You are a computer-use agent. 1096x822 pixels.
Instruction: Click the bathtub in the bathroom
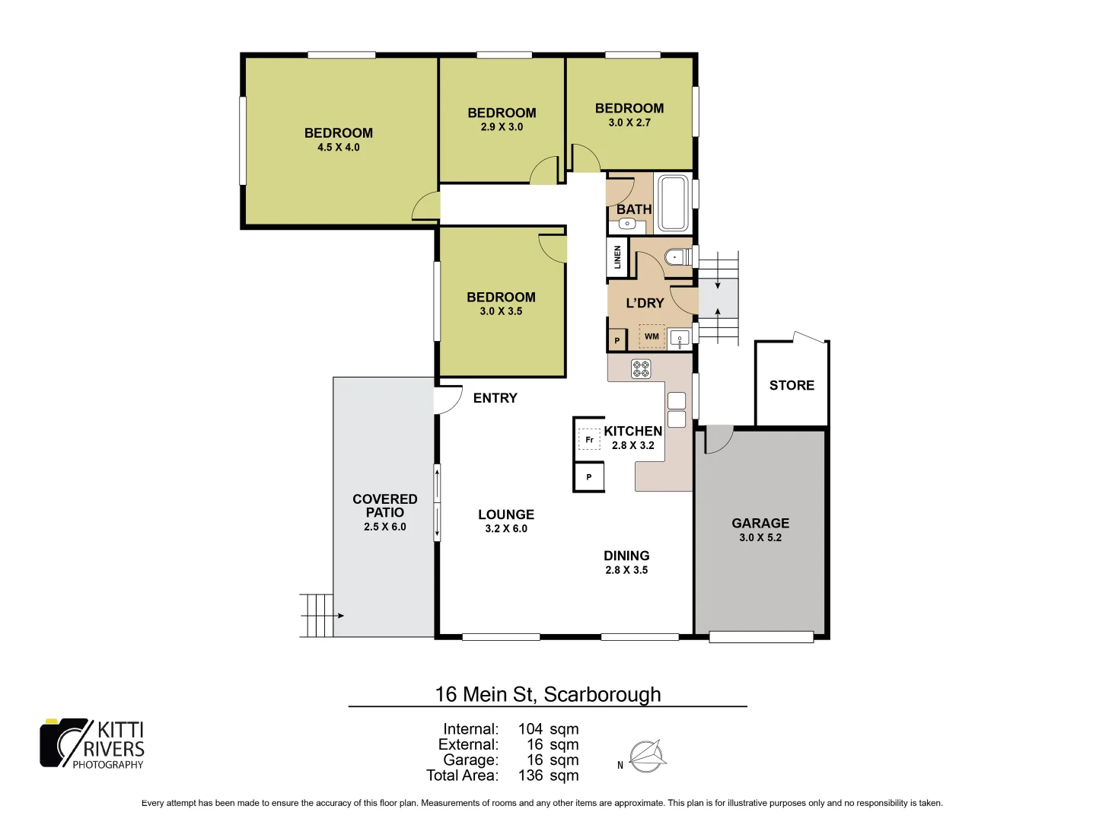(673, 202)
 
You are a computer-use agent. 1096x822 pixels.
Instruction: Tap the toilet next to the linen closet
(677, 257)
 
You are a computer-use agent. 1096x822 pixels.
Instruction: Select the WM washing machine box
(652, 336)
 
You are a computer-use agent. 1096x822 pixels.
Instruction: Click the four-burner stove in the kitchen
(641, 369)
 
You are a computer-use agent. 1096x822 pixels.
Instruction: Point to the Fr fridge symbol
(588, 440)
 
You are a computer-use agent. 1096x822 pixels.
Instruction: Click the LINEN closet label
(617, 257)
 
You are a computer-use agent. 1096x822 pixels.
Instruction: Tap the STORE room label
(792, 385)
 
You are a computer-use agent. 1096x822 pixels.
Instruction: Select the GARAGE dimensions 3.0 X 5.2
(760, 537)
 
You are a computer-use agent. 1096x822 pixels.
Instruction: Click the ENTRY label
(495, 398)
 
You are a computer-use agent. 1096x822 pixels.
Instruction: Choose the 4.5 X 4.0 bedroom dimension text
(339, 148)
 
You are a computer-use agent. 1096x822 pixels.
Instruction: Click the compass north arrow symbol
(647, 757)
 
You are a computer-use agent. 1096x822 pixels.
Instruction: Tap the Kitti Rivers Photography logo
(92, 744)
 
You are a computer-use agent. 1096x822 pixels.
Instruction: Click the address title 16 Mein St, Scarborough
(548, 694)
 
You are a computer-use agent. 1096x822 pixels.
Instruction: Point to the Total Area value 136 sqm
(548, 776)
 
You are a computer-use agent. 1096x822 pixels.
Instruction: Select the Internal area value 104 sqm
(548, 729)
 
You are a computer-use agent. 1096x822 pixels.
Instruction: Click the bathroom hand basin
(626, 224)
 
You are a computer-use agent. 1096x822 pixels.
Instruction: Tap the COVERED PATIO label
(385, 505)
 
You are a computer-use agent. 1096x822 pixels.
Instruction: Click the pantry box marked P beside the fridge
(588, 477)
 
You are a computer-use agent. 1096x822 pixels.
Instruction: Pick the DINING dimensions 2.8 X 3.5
(626, 570)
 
